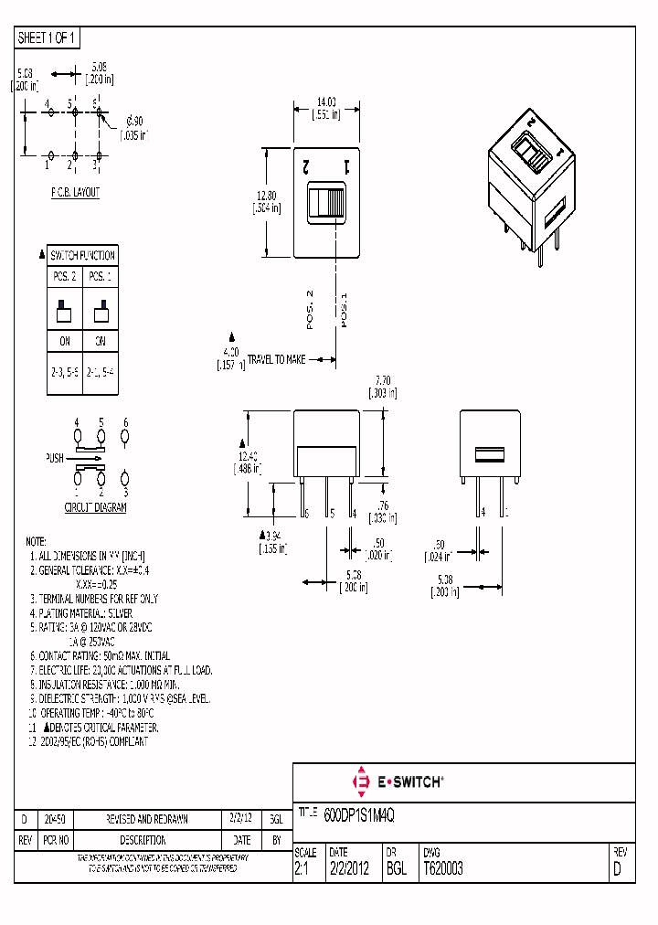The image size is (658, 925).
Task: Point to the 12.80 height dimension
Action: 265,201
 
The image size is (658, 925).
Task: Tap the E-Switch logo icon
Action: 359,781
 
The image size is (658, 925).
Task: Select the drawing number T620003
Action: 442,868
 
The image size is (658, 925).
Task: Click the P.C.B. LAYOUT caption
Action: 75,193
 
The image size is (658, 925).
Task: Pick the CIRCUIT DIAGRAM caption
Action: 95,507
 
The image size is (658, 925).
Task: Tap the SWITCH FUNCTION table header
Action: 82,255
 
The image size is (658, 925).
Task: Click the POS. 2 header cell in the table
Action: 64,275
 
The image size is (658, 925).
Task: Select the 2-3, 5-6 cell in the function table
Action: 64,374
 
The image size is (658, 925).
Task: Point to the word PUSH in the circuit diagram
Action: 55,458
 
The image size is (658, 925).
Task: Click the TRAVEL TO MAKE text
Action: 276,360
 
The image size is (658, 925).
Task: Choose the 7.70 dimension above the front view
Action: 383,387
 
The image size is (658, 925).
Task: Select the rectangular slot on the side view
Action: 489,454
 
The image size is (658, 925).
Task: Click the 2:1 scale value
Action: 302,868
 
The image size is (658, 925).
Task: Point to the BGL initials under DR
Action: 396,868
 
